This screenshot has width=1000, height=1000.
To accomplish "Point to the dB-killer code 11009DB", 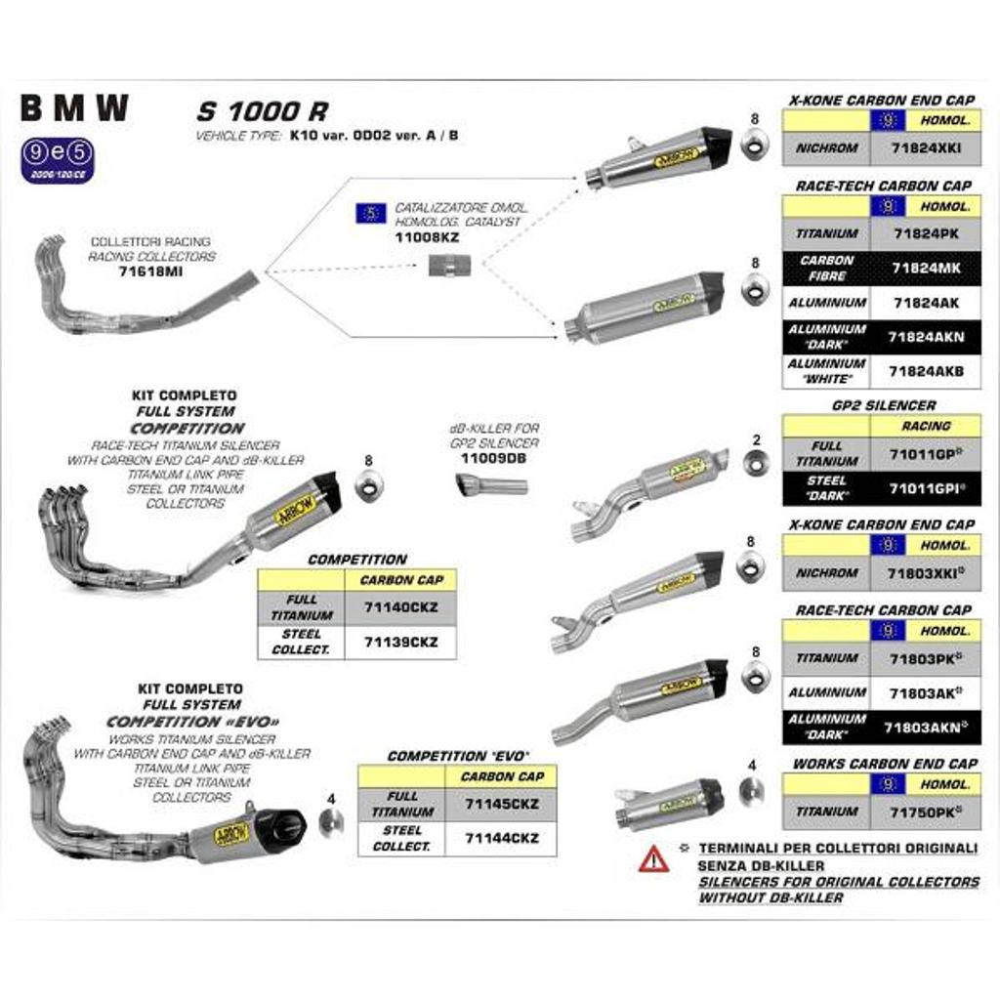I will click(x=493, y=457).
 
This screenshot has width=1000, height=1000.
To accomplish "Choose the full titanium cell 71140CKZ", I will click(x=400, y=607).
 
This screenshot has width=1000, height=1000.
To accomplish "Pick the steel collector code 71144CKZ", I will click(x=501, y=838).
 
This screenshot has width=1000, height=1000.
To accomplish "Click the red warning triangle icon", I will click(x=653, y=858).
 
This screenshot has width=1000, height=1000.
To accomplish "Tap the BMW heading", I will click(x=74, y=108).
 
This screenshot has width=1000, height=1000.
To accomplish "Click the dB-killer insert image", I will click(x=491, y=484).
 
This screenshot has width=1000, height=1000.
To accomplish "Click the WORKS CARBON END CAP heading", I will click(x=884, y=763).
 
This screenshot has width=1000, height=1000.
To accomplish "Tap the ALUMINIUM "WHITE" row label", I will click(x=827, y=371).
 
